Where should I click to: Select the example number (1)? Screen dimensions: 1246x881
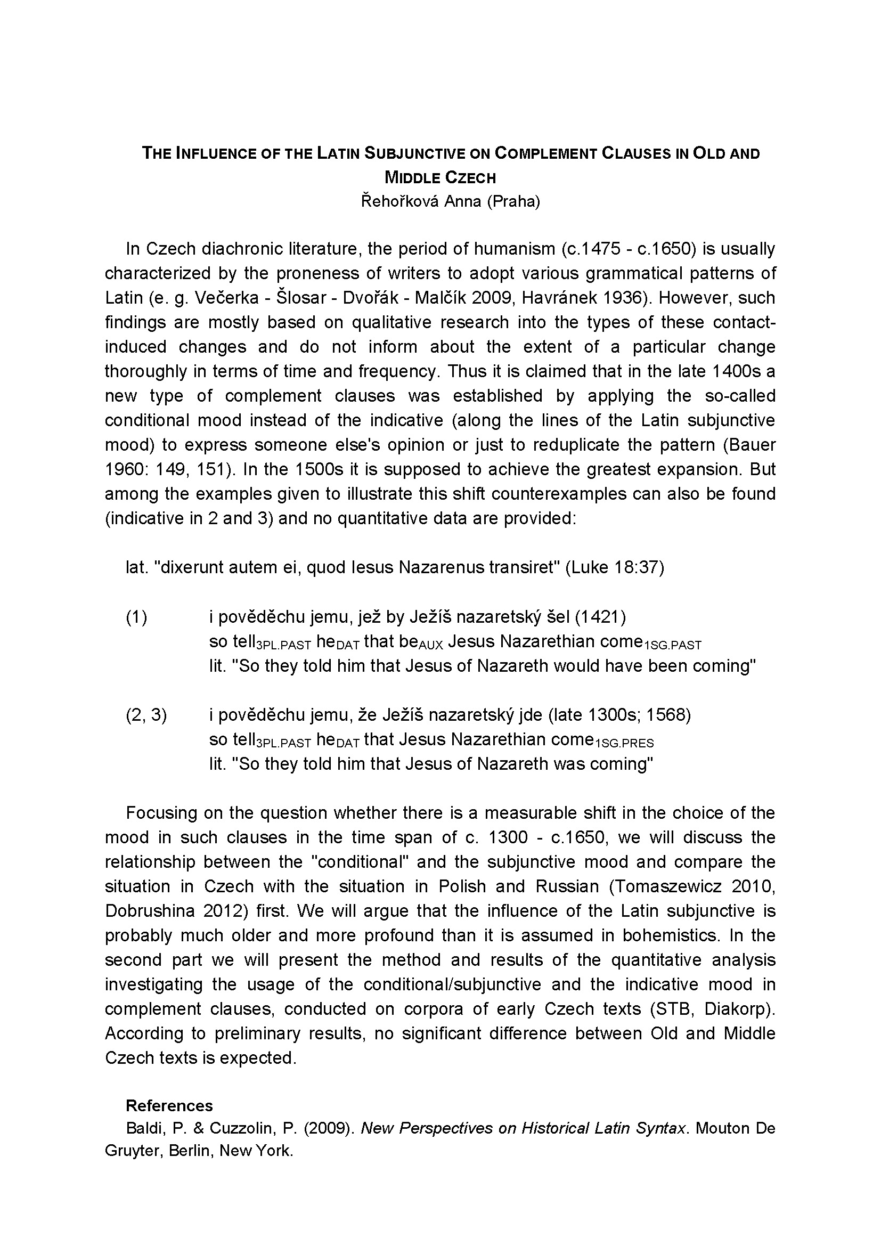[x=137, y=617]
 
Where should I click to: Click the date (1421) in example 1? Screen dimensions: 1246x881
[x=600, y=617]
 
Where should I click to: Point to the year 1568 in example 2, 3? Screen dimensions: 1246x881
[x=668, y=715]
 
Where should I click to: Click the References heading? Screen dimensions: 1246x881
[x=169, y=1106]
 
